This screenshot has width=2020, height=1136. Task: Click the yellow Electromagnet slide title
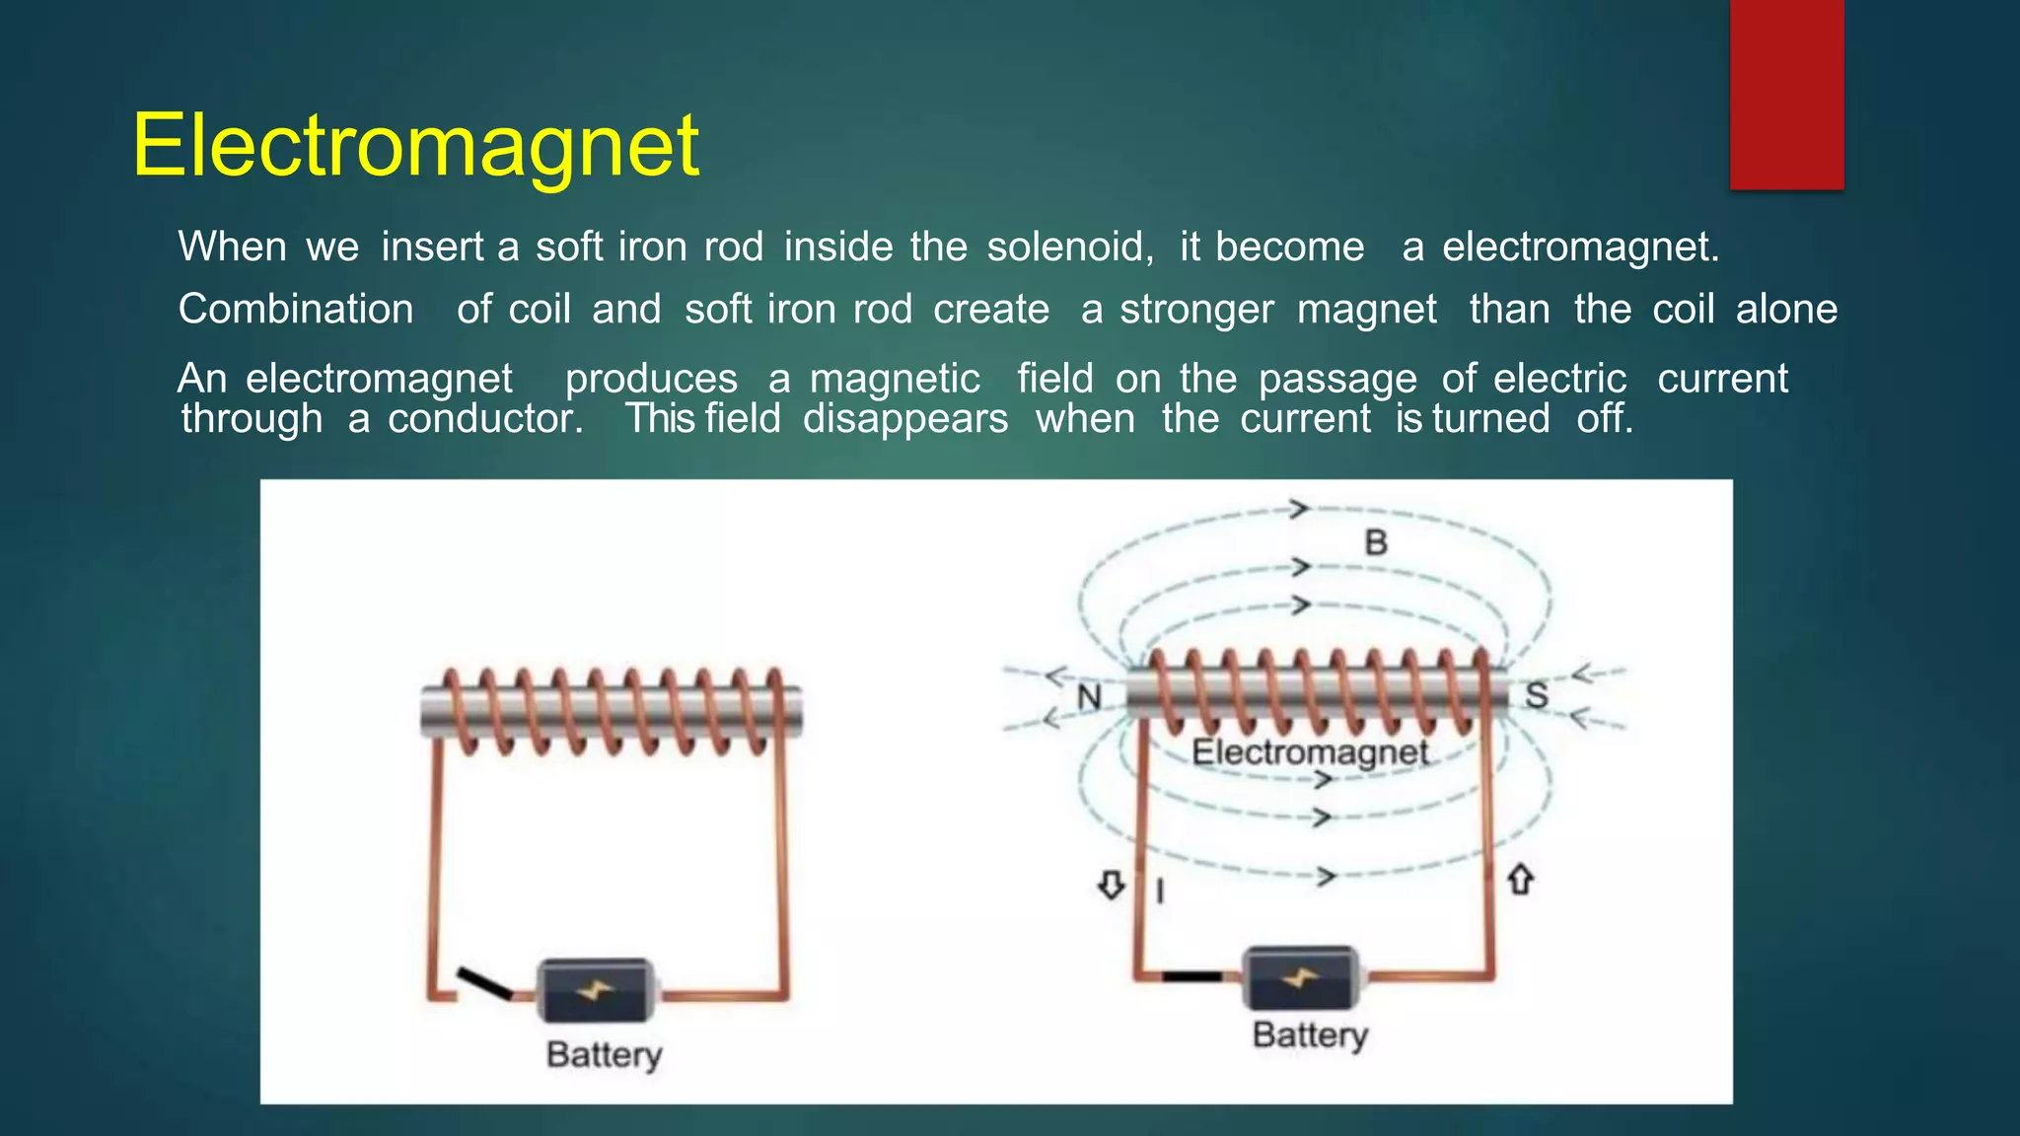pyautogui.click(x=415, y=145)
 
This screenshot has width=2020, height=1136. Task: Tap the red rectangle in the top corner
pyautogui.click(x=1786, y=94)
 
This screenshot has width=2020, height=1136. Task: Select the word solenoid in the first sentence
pyautogui.click(x=1069, y=247)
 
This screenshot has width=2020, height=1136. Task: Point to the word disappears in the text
pyautogui.click(x=905, y=419)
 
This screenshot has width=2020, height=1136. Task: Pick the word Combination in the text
pyautogui.click(x=296, y=310)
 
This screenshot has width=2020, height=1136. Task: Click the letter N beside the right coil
pyautogui.click(x=1089, y=697)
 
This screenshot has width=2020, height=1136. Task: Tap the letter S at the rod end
pyautogui.click(x=1537, y=695)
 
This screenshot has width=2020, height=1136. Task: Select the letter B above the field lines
pyautogui.click(x=1376, y=542)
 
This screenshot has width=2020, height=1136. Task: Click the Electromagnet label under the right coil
pyautogui.click(x=1310, y=752)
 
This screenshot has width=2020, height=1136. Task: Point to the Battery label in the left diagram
pyautogui.click(x=604, y=1054)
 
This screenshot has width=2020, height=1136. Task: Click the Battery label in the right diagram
pyautogui.click(x=1310, y=1034)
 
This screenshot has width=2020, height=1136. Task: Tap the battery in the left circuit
pyautogui.click(x=596, y=990)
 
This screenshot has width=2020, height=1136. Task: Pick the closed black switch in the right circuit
pyautogui.click(x=1191, y=977)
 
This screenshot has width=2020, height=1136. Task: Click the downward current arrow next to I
pyautogui.click(x=1112, y=885)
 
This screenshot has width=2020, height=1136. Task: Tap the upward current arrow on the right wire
pyautogui.click(x=1521, y=879)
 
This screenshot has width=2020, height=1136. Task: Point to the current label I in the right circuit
pyautogui.click(x=1160, y=891)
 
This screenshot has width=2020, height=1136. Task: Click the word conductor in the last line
pyautogui.click(x=485, y=419)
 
